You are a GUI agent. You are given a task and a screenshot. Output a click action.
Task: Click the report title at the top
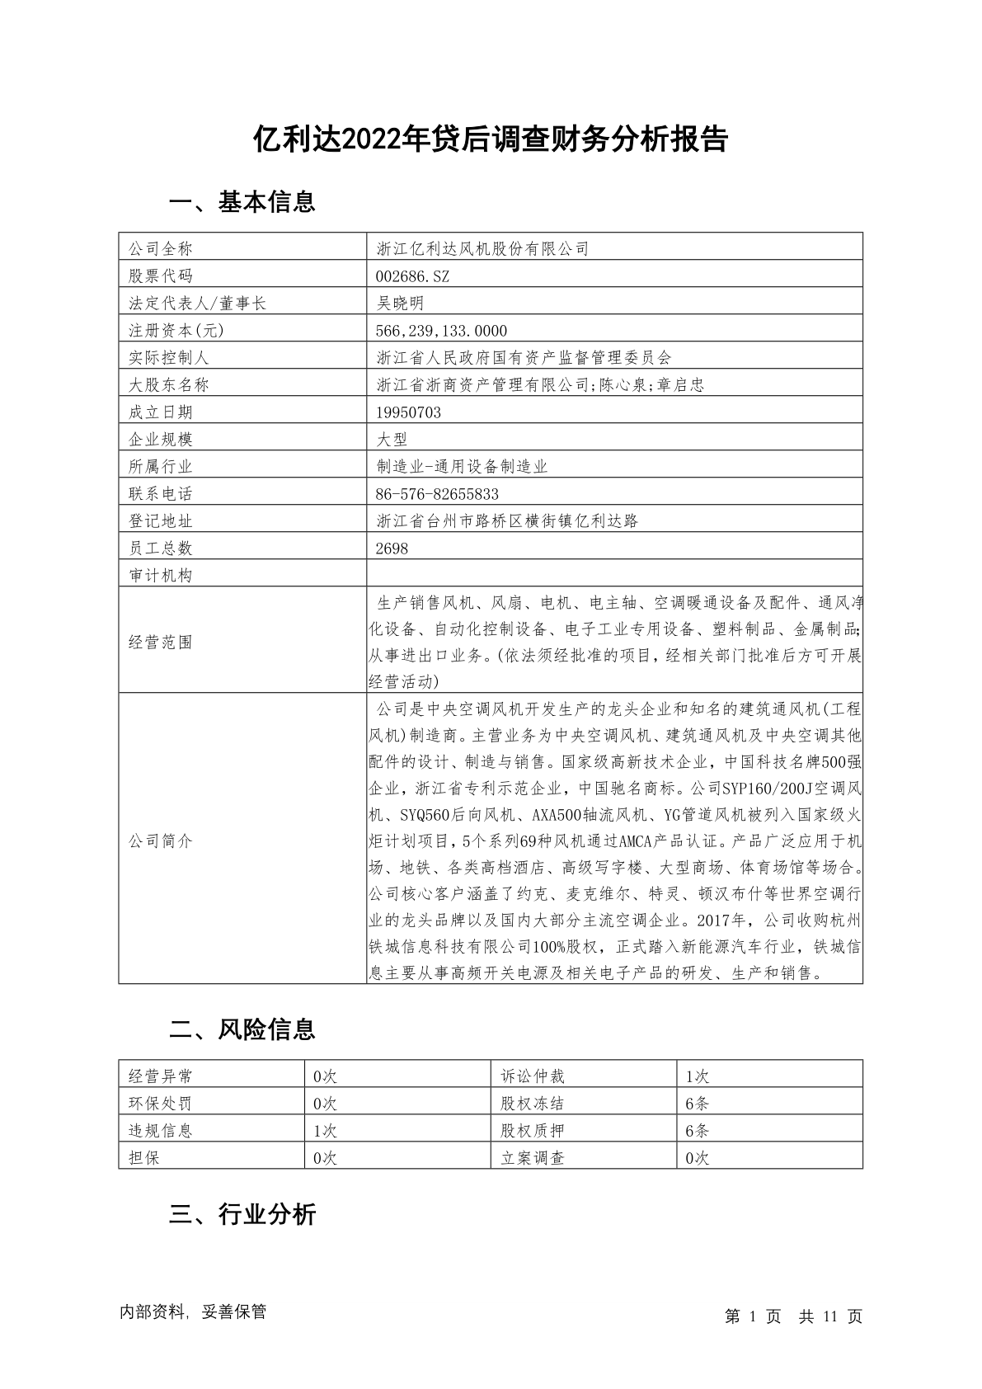tap(491, 139)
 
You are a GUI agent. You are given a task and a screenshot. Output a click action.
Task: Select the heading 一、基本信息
tap(242, 202)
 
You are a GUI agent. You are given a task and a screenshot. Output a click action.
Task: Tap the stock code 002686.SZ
tap(413, 276)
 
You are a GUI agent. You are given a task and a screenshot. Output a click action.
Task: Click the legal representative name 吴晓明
tap(400, 304)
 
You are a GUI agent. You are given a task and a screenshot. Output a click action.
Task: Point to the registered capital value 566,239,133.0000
tap(442, 331)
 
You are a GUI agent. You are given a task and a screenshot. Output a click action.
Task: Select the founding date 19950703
tap(408, 412)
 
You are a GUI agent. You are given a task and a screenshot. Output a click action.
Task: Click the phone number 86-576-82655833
tap(437, 494)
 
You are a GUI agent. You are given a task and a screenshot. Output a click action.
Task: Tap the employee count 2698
tap(392, 549)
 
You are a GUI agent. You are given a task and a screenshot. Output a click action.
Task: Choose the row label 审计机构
tap(160, 576)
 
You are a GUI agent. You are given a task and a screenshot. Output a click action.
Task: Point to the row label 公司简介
tap(160, 841)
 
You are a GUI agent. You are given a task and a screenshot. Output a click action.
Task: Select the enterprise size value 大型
tap(392, 440)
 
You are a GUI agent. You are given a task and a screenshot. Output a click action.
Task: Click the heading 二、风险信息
tap(242, 1029)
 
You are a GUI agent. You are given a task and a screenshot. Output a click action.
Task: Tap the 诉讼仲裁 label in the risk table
tap(533, 1076)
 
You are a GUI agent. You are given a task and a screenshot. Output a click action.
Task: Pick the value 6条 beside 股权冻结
tap(697, 1104)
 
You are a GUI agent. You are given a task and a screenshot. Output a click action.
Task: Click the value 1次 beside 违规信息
tap(325, 1131)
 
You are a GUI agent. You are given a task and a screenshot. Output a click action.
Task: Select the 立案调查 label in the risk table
tap(533, 1158)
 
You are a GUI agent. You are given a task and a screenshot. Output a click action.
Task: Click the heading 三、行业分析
tap(242, 1214)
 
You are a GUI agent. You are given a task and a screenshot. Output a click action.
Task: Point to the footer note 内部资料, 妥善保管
tap(193, 1312)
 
